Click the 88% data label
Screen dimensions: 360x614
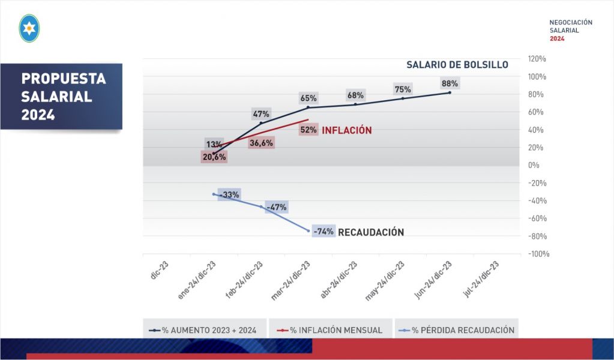pyautogui.click(x=450, y=83)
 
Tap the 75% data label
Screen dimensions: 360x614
pyautogui.click(x=403, y=89)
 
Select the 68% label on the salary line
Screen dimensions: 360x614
pyautogui.click(x=355, y=95)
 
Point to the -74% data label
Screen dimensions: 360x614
pyautogui.click(x=324, y=232)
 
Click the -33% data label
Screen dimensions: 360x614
pyautogui.click(x=229, y=194)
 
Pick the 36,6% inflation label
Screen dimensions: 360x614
pyautogui.click(x=261, y=143)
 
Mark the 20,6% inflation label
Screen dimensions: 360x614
pyautogui.click(x=214, y=156)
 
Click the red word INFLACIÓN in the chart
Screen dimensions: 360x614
pyautogui.click(x=347, y=130)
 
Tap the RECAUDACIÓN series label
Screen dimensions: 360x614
pyautogui.click(x=371, y=232)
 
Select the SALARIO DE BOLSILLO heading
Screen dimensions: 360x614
pyautogui.click(x=457, y=65)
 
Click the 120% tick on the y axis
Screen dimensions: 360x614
pyautogui.click(x=537, y=59)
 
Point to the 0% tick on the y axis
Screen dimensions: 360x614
pyautogui.click(x=534, y=165)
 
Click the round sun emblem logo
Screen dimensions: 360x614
pyautogui.click(x=29, y=28)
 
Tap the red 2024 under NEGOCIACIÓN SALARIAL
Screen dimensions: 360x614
pyautogui.click(x=557, y=38)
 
